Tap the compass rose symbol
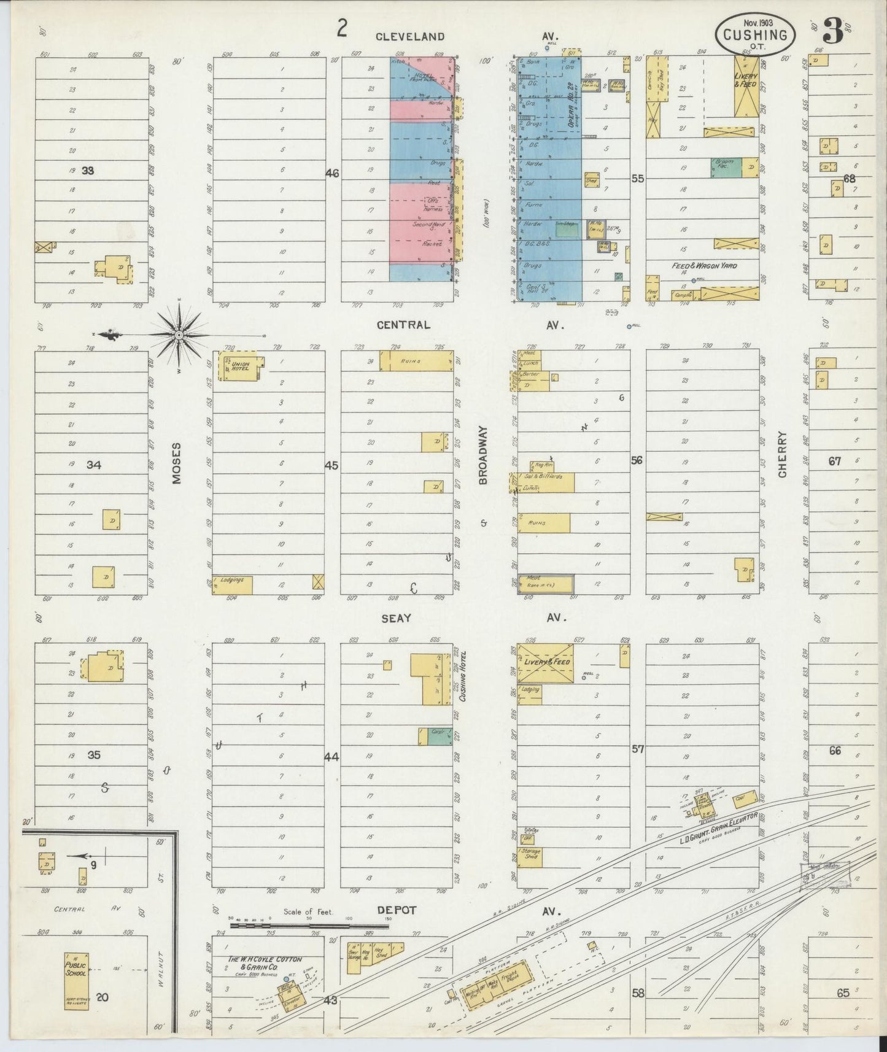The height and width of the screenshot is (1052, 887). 179,335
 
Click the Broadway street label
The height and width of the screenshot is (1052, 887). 482,455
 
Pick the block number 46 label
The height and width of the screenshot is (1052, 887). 332,174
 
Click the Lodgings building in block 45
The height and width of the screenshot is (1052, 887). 233,585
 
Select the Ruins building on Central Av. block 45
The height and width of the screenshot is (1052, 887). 416,361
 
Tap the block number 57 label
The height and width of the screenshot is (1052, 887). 637,749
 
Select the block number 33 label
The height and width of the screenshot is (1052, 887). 88,171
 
